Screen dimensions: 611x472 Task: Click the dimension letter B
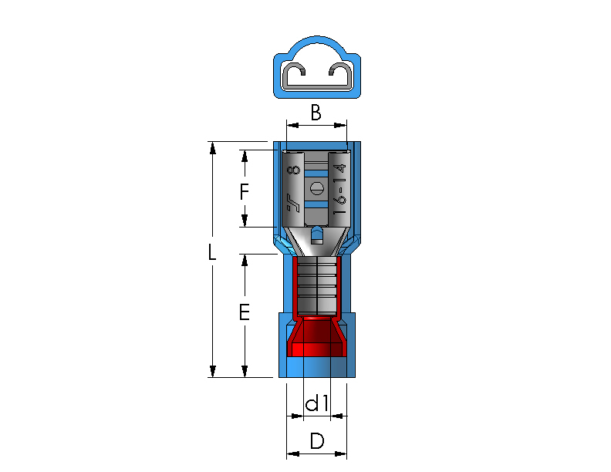pyautogui.click(x=316, y=113)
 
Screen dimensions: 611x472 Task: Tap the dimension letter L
pyautogui.click(x=211, y=252)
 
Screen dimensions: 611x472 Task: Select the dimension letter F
pyautogui.click(x=244, y=192)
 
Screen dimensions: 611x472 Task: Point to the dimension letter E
pyautogui.click(x=245, y=312)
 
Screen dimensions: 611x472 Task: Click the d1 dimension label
pyautogui.click(x=317, y=403)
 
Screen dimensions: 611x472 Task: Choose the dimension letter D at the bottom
pyautogui.click(x=317, y=441)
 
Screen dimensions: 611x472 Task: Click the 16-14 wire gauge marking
pyautogui.click(x=339, y=189)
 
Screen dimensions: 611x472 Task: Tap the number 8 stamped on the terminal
pyautogui.click(x=294, y=170)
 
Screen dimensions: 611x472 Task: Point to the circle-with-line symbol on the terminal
pyautogui.click(x=317, y=189)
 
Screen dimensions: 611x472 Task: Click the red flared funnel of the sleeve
pyautogui.click(x=316, y=337)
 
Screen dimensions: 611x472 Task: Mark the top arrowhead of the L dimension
pyautogui.click(x=212, y=148)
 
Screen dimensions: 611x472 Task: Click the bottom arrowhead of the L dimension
pyautogui.click(x=212, y=371)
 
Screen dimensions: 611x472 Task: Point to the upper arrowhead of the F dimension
pyautogui.click(x=245, y=156)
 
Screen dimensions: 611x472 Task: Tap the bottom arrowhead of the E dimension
pyautogui.click(x=245, y=371)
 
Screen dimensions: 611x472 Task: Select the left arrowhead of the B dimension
pyautogui.click(x=292, y=125)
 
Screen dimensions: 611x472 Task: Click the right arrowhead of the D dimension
pyautogui.click(x=340, y=453)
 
